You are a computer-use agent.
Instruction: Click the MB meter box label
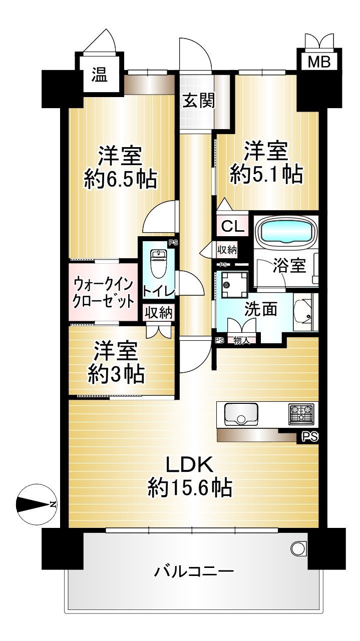[x=319, y=62]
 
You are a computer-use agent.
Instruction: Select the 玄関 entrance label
[x=199, y=101]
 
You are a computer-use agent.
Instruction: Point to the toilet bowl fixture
[x=158, y=263]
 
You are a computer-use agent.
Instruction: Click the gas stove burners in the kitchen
[x=301, y=414]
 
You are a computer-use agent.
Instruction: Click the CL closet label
[x=233, y=227]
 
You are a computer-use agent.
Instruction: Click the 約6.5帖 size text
[x=121, y=180]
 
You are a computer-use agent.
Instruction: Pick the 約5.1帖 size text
[x=266, y=174]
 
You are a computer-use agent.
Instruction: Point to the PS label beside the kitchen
[x=310, y=437]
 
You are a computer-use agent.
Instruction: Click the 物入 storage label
[x=241, y=341]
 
